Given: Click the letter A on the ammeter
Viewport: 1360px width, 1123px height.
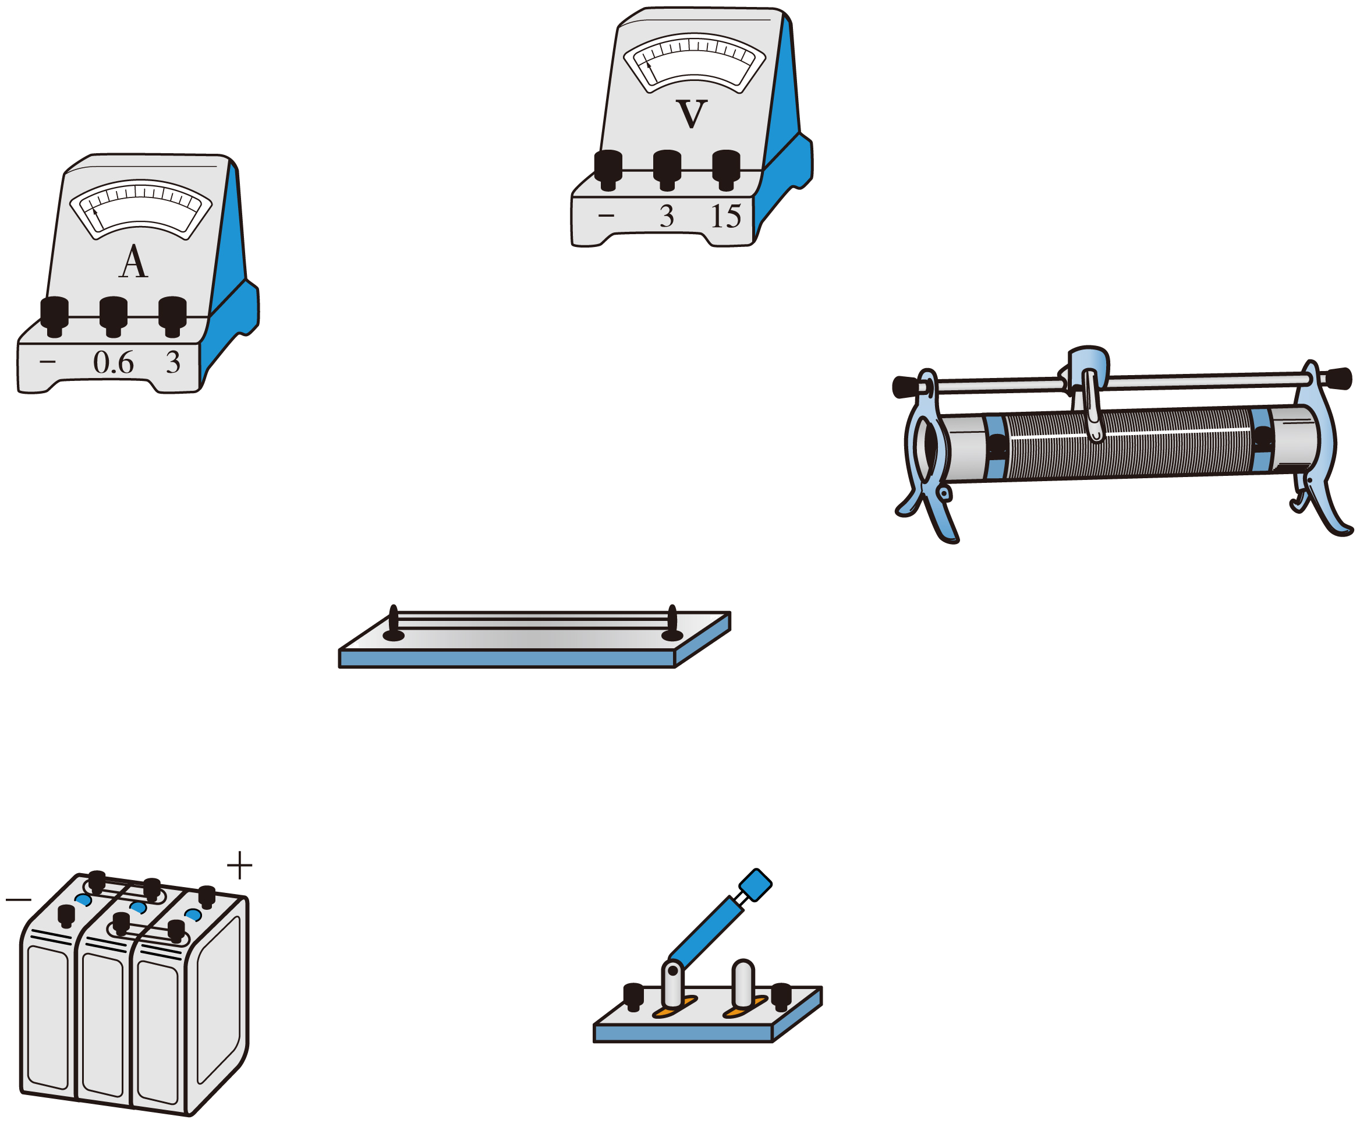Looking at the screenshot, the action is point(133,262).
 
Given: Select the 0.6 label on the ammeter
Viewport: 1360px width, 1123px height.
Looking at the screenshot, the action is point(113,362).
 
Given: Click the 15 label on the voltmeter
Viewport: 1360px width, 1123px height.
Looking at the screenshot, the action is point(725,216).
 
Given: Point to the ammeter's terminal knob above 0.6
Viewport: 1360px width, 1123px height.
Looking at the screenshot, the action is point(113,316).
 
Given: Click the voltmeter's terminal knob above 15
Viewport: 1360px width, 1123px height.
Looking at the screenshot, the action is point(726,170).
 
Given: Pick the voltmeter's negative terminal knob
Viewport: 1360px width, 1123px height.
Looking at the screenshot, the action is point(608,170).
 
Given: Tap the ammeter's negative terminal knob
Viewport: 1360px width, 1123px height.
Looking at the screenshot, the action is point(54,316).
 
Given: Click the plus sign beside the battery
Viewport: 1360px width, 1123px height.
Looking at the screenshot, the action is point(239,865).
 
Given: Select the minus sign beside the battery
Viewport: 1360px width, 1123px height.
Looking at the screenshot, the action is point(18,899).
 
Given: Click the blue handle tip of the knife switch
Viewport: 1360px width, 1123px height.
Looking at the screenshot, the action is point(755,885).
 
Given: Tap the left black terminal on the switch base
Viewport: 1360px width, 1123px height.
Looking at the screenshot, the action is point(633,997).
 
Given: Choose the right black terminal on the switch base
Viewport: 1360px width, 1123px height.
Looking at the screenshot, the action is point(781,997).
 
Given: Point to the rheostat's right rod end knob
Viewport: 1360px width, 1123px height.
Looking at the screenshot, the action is point(1337,379).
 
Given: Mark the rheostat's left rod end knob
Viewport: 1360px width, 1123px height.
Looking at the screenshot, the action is point(906,387).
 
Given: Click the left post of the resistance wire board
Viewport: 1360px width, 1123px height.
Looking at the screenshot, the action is point(393,624).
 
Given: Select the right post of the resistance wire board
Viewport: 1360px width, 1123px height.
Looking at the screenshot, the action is point(672,624).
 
